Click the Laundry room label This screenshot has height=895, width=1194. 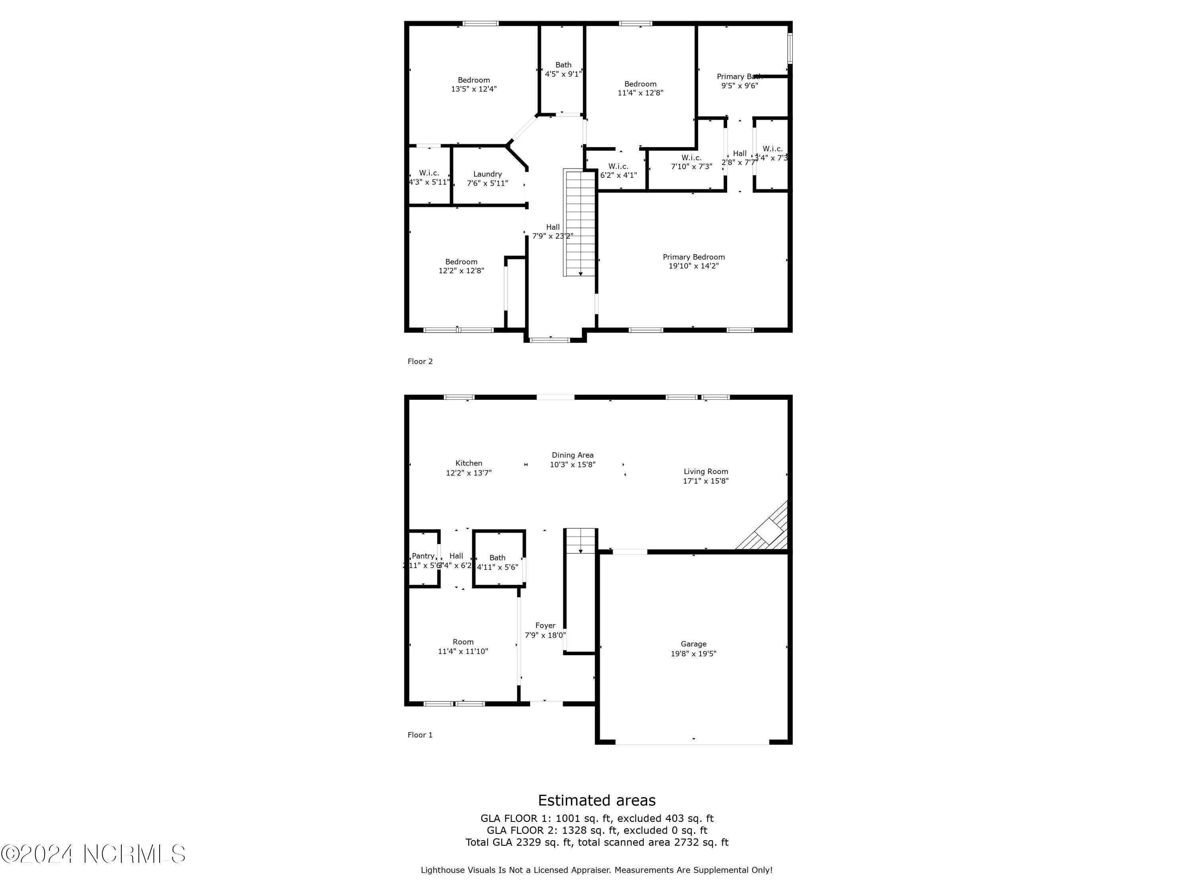488,174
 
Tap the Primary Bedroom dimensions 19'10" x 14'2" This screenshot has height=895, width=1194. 694,266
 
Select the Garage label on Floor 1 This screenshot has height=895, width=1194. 693,644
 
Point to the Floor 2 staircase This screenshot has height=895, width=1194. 580,222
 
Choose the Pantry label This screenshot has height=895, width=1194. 423,556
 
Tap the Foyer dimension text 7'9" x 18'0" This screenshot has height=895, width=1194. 545,636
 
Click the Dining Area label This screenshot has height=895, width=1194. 572,455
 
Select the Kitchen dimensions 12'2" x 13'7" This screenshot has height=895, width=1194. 468,473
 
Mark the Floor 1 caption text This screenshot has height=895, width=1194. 420,735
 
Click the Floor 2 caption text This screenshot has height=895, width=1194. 420,362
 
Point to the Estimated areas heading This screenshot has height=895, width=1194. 597,800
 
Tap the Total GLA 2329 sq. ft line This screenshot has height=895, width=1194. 597,842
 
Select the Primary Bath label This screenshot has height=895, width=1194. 739,77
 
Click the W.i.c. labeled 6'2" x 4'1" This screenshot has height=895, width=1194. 618,171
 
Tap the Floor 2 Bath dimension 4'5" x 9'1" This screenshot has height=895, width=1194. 563,74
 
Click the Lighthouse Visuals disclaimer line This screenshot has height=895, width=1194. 597,870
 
